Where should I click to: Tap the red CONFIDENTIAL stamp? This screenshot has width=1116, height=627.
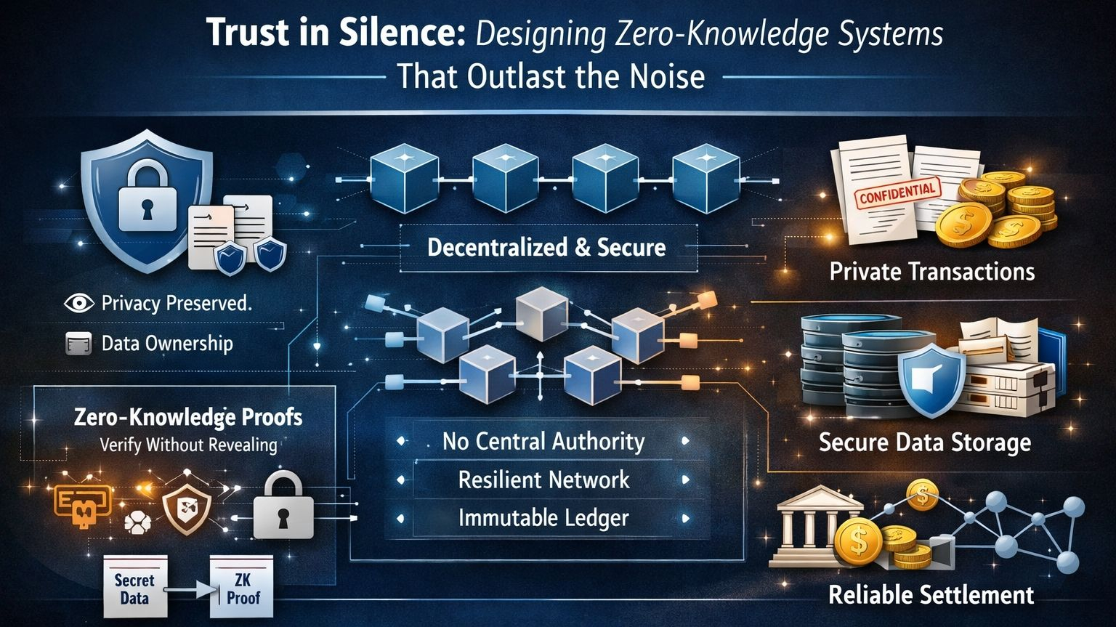pos(897,193)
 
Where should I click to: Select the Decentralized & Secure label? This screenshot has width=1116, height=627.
pos(546,248)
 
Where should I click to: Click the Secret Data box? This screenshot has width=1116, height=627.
pos(134,588)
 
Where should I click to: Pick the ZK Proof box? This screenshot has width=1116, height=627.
pos(242,588)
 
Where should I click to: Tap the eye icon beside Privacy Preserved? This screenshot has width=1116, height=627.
pos(78,303)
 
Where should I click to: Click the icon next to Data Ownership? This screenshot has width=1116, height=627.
pos(78,343)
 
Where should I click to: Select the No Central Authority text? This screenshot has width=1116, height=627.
pos(543,441)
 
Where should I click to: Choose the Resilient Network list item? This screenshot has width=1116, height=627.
pos(543,480)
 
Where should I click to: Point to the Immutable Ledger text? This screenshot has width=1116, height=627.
pos(543,518)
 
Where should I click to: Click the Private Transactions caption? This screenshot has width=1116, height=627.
pos(931,272)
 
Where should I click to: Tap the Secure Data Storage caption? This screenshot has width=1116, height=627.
pos(924,442)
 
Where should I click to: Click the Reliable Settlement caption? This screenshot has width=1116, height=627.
pos(931,595)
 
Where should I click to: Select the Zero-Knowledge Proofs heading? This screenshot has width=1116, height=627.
pos(188,417)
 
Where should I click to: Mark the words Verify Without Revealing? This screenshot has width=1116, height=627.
pos(188,445)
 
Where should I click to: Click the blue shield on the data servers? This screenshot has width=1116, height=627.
pos(931,379)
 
